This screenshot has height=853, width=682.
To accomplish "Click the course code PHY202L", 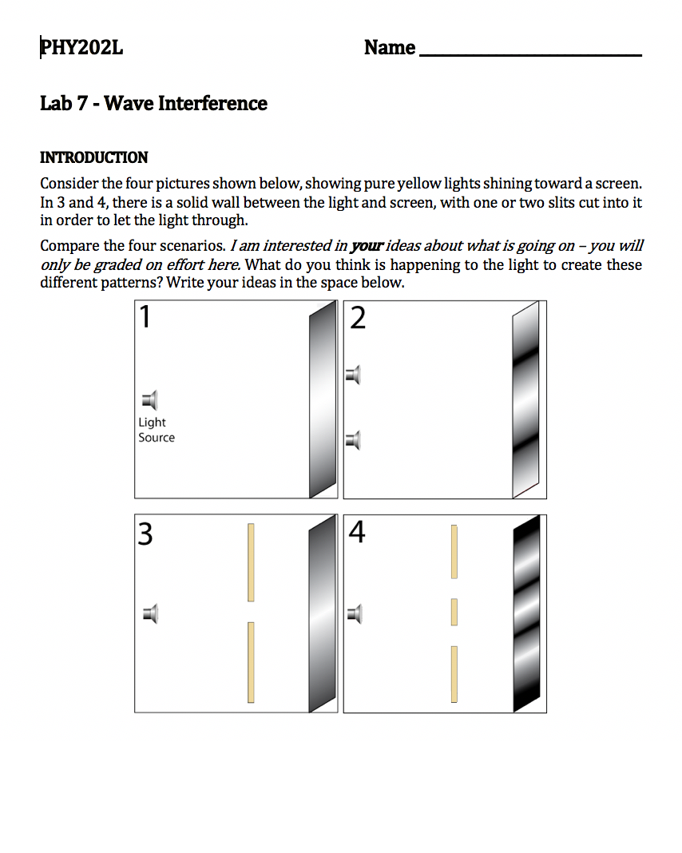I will coord(82,48).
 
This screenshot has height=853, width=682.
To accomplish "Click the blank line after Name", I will coord(529,50).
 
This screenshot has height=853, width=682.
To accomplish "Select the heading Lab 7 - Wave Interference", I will coord(153,104).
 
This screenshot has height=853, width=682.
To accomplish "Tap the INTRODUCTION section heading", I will coord(94,157).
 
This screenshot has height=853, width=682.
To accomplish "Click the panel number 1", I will coord(145,318).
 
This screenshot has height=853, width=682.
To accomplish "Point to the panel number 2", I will coord(358,319).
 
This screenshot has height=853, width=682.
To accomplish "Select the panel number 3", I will coord(145,533).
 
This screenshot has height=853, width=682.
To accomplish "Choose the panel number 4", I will coord(357,531).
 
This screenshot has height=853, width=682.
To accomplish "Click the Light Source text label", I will coord(156,430).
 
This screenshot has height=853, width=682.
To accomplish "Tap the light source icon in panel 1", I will coord(149,400).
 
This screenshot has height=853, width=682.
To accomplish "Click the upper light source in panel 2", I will coord(353,374).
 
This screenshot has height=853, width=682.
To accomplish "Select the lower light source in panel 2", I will coord(353,439).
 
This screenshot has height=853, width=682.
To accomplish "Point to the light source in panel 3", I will coord(150,614).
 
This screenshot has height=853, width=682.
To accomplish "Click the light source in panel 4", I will coord(355,614).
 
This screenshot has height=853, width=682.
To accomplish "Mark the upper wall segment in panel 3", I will coord(251,562).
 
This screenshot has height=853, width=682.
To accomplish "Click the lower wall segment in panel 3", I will coord(251,662).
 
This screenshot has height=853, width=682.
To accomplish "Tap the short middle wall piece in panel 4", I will coord(454,612).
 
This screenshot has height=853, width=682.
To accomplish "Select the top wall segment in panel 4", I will coord(454,551).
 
